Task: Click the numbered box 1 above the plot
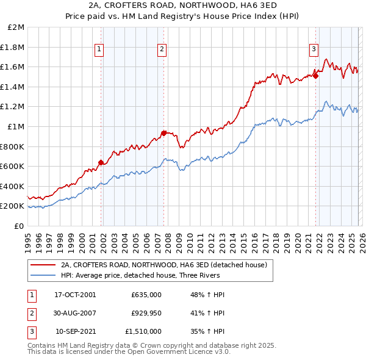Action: (x=99, y=50)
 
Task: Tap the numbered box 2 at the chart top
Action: (x=162, y=50)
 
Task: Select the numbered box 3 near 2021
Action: (x=314, y=50)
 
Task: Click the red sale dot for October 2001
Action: (x=101, y=162)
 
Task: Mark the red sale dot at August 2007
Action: (x=164, y=133)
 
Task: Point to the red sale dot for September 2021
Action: (x=315, y=76)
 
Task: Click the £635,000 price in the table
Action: (x=146, y=295)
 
